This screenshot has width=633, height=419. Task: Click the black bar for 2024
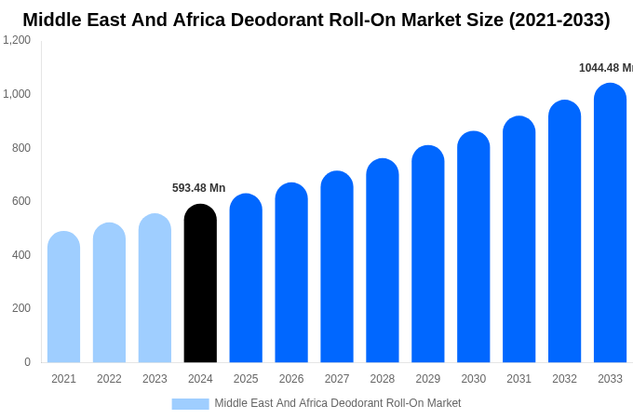pos(200,284)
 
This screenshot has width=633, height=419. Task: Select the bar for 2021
pos(63,298)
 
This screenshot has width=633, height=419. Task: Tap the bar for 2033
pos(610,223)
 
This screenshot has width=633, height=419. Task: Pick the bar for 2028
pos(382,261)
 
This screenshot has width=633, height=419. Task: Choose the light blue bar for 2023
pos(155,289)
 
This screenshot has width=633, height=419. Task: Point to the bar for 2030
pos(473,247)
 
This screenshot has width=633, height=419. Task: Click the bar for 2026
pos(291,273)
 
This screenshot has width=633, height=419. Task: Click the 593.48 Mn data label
pos(198,188)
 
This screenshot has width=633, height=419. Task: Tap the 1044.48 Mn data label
pos(605,68)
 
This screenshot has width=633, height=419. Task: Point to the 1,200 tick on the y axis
pos(17,40)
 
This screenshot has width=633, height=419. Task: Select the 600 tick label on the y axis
pos(20,201)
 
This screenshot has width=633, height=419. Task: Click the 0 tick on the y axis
pos(27,362)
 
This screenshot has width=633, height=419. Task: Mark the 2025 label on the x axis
pos(246,379)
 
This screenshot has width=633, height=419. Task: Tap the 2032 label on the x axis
pos(564,379)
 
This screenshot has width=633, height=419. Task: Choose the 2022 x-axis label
pos(109,379)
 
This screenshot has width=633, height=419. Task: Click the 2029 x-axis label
pos(427,379)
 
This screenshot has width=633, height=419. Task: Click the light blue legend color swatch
pos(190,403)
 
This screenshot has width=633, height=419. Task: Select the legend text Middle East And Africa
pos(270,403)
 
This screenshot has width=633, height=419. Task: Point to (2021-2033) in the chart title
pos(559,20)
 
